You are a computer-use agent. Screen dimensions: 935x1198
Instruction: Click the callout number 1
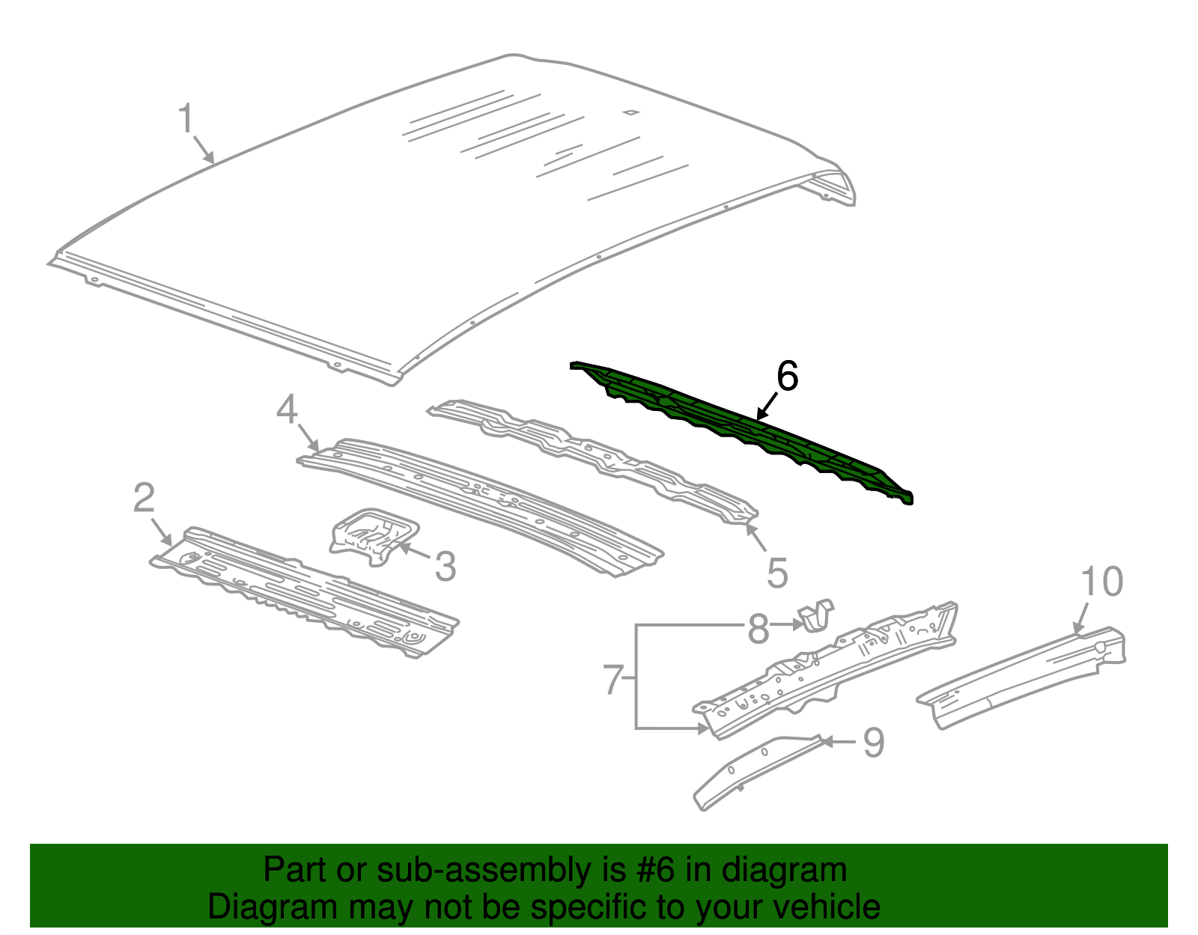point(186,120)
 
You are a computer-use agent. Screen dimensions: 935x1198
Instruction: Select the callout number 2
point(144,499)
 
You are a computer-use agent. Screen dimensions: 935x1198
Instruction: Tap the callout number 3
point(446,567)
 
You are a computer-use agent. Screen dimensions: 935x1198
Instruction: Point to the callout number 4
point(288,409)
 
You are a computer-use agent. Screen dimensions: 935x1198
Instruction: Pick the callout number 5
point(777,573)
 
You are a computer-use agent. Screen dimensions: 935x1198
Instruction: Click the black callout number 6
point(787,376)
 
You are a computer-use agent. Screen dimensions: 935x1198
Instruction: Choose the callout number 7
point(613,680)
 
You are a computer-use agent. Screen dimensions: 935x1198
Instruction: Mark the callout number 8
point(758,629)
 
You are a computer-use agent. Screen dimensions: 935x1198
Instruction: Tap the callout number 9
point(873,743)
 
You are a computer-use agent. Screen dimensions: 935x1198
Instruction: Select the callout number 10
point(1102,582)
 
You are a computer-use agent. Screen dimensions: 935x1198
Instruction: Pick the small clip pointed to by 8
point(817,615)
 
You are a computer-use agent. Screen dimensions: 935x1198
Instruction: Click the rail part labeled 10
point(1026,671)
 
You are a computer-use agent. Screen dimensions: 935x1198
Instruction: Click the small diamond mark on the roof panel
point(631,113)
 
